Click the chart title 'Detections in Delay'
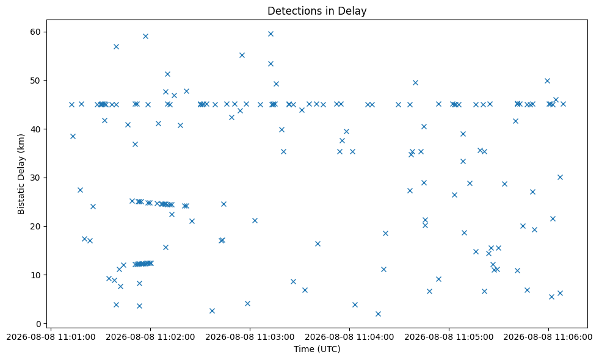317,11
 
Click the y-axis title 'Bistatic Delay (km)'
21,174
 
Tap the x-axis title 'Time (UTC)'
317,349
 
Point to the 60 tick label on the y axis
35,32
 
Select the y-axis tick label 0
38,324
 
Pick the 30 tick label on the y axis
35,178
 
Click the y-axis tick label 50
35,81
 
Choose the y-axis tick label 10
35,275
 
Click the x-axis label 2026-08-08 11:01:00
51,337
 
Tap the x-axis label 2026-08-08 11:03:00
250,337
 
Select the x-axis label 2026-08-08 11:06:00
548,337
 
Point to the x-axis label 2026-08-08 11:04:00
349,337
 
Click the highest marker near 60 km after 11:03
270,34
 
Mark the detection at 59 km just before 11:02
145,36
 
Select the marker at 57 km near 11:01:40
116,46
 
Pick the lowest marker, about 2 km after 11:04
378,314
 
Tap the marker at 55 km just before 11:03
242,55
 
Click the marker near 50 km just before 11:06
547,81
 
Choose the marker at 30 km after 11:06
560,177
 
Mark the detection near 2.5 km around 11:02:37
212,311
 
